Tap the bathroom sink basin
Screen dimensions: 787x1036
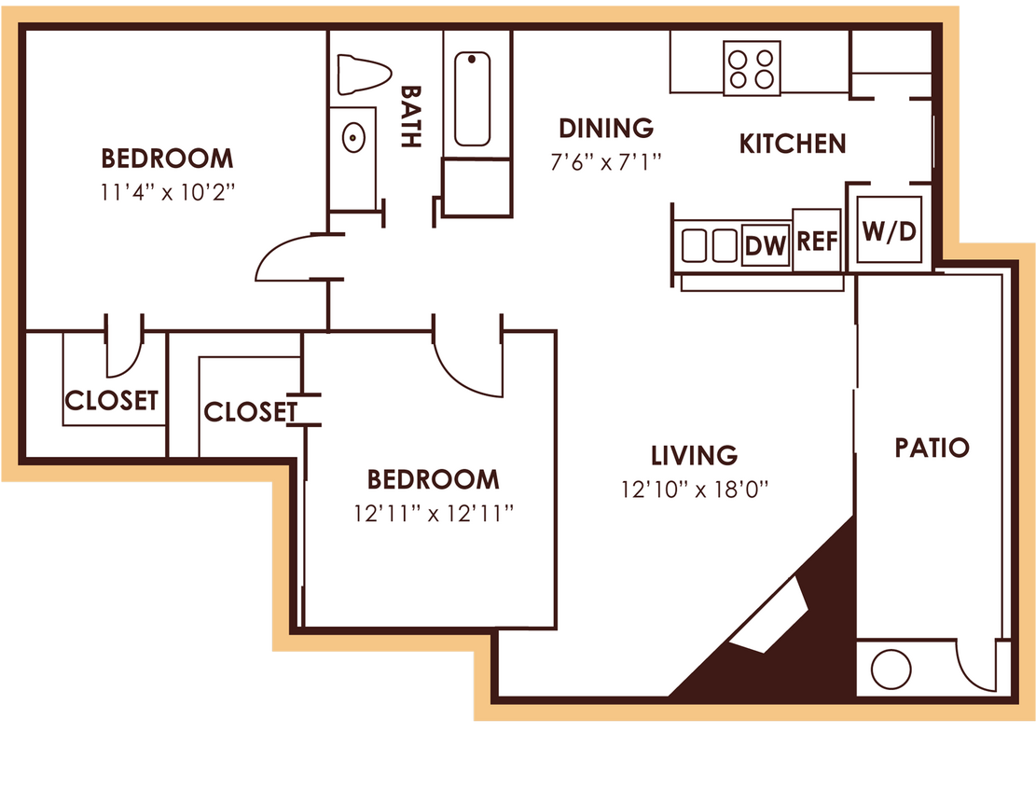click(x=353, y=137)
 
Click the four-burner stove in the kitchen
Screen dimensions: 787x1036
click(x=752, y=68)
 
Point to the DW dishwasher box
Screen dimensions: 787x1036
click(x=766, y=246)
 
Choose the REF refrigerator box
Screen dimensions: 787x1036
click(x=817, y=241)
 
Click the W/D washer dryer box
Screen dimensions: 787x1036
click(x=889, y=230)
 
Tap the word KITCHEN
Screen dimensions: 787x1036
click(x=793, y=144)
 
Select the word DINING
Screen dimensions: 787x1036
click(x=606, y=128)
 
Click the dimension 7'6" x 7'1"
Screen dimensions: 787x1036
click(x=606, y=161)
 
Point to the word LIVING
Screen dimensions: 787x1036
click(x=694, y=455)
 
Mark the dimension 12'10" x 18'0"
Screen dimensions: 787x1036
click(x=694, y=488)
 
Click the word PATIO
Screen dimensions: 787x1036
click(x=932, y=448)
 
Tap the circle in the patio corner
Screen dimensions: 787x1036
click(x=890, y=669)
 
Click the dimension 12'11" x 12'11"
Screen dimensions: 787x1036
click(x=434, y=513)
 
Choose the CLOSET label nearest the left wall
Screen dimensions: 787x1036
click(x=111, y=400)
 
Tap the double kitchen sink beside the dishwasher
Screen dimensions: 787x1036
click(x=709, y=246)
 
